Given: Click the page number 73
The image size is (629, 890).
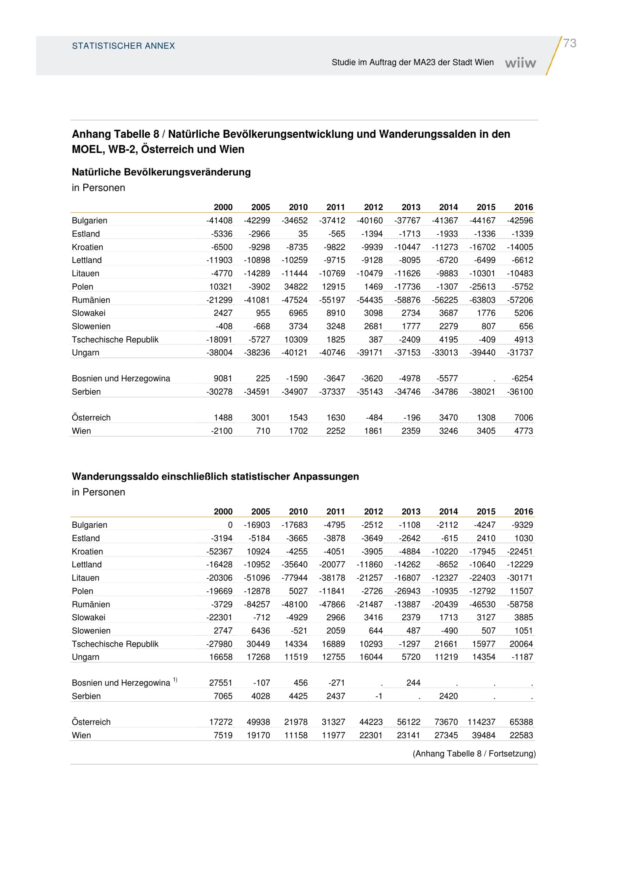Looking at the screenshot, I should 569,43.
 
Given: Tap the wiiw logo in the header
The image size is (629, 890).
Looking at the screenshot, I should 520,63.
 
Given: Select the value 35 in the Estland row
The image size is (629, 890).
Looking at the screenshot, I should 303,234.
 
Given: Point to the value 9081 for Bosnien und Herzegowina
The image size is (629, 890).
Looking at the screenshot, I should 223,378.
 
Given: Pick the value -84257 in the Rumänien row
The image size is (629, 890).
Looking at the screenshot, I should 257,604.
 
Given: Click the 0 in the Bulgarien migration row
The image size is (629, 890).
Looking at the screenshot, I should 230,525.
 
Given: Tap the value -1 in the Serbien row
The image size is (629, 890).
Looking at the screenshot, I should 379,696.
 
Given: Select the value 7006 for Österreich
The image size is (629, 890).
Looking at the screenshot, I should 524,417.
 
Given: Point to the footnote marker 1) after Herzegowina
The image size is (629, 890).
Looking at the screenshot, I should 175,680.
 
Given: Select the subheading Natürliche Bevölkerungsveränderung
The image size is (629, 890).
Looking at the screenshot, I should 161,172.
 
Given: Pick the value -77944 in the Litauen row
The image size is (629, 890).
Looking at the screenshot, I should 295,578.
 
